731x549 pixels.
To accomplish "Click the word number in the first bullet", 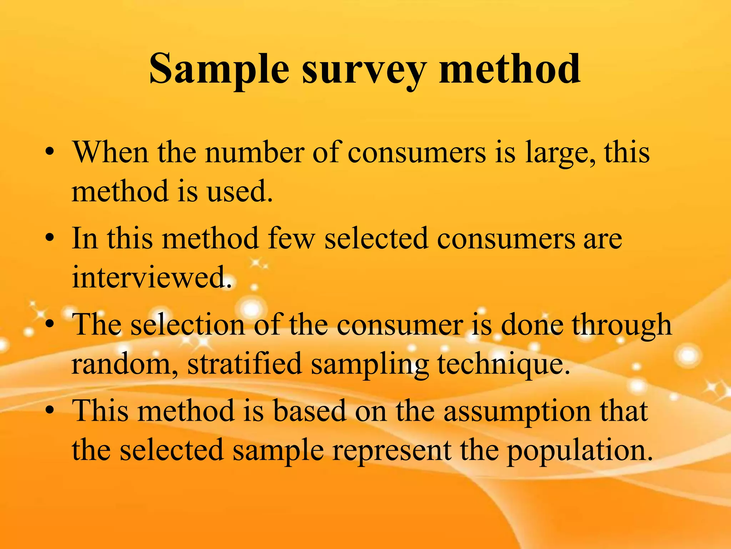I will (254, 153).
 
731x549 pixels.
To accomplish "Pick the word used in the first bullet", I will (239, 191).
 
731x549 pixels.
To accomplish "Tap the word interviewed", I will (151, 277).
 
